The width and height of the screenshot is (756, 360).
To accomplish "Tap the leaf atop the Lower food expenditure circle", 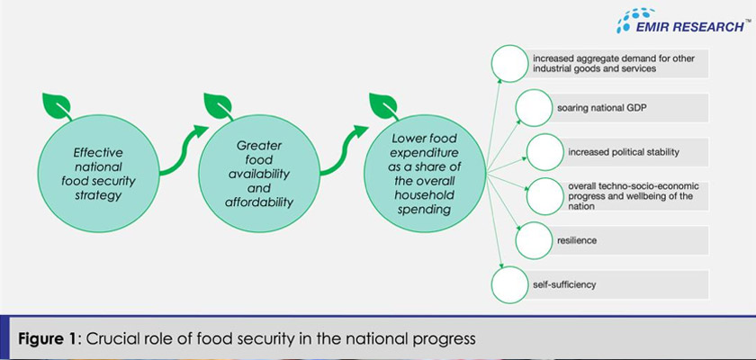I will tap(383, 105).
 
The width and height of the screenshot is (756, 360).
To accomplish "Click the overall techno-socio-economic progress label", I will tap(631, 196).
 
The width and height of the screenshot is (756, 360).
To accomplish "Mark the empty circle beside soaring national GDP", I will tap(534, 108).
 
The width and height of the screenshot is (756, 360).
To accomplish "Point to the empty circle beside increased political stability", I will tap(544, 151).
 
